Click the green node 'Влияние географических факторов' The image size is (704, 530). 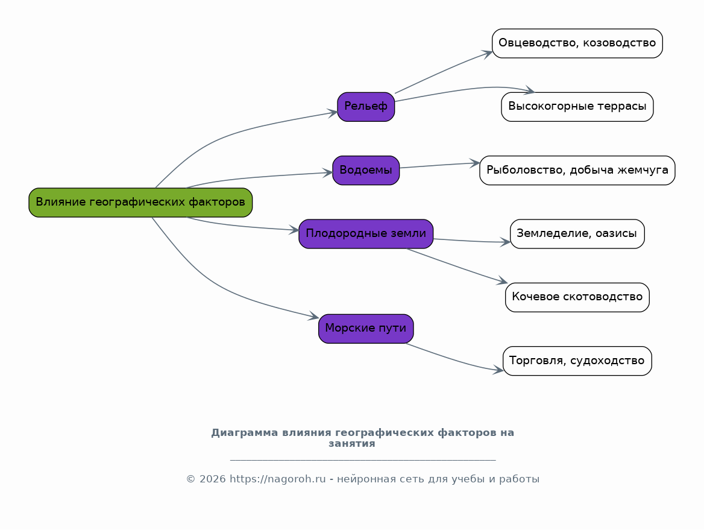click(140, 203)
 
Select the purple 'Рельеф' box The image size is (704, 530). click(366, 107)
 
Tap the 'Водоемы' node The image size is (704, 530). click(366, 170)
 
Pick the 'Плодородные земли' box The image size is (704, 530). click(366, 234)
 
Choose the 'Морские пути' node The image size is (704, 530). click(366, 329)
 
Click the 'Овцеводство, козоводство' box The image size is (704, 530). click(577, 43)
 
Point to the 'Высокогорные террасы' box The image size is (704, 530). click(577, 107)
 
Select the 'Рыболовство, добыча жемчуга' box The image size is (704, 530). click(577, 170)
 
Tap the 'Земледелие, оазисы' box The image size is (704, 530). click(577, 234)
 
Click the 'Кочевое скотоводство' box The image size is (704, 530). click(577, 297)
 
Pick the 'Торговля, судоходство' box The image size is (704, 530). click(577, 361)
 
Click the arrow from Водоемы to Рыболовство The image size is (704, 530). click(440, 165)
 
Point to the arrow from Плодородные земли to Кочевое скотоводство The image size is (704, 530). click(457, 266)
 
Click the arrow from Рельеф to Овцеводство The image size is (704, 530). click(444, 72)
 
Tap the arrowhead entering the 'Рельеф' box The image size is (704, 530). click(332, 113)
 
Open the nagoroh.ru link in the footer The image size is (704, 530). click(277, 479)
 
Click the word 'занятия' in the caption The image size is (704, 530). click(352, 444)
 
